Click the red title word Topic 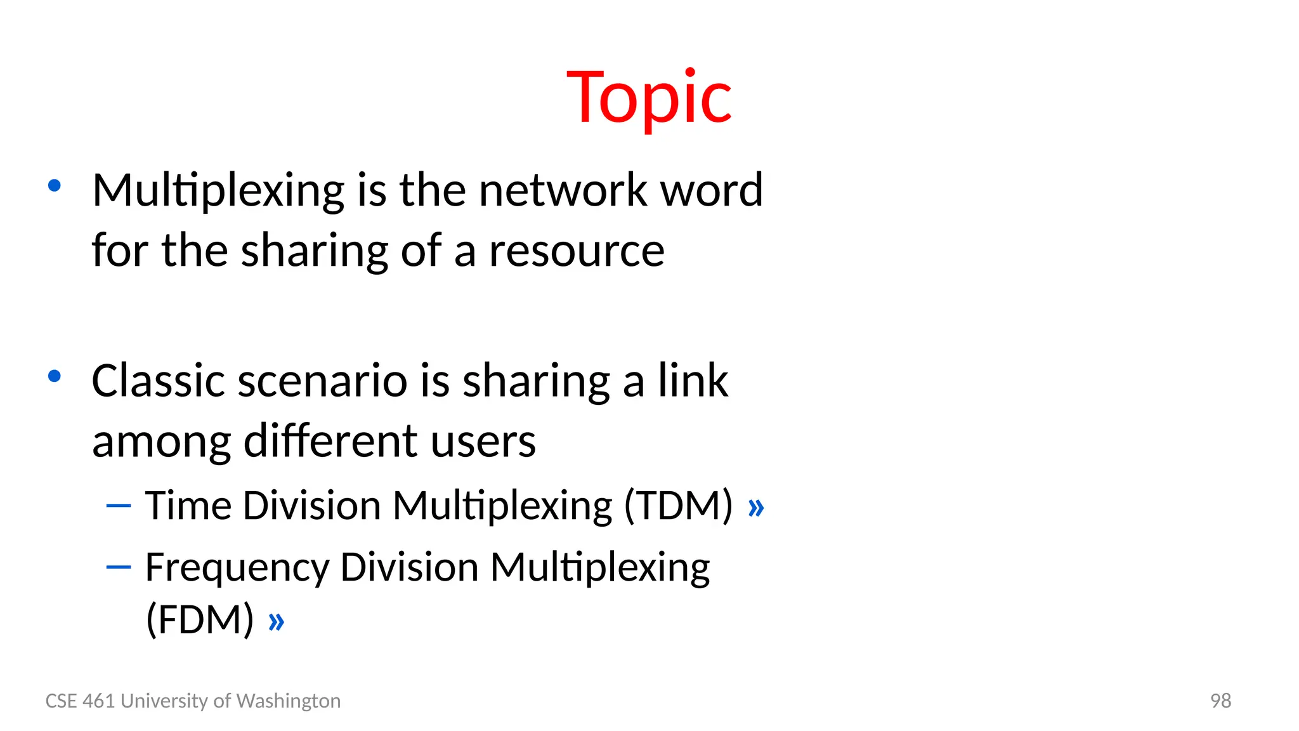tap(649, 98)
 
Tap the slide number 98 tap(1220, 701)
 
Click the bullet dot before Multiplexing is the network tap(55, 186)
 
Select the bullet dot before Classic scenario tap(55, 376)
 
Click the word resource tap(577, 251)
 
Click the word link tap(693, 381)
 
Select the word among tap(161, 442)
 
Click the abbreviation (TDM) tap(678, 506)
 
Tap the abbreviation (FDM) tap(200, 619)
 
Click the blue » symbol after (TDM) tap(756, 508)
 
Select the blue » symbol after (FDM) tap(276, 622)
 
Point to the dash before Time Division tap(119, 506)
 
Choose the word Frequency tap(237, 567)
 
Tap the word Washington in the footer tap(288, 701)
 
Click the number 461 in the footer tap(98, 701)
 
